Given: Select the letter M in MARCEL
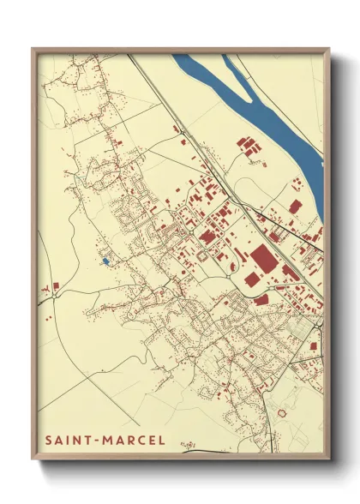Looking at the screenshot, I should (106, 440).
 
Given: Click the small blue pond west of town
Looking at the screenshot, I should (106, 260).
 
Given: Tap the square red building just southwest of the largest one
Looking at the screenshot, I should (251, 279).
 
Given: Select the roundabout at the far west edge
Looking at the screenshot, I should (43, 289).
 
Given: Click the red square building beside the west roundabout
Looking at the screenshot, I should (56, 285).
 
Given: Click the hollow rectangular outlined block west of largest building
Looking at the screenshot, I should (203, 255).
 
